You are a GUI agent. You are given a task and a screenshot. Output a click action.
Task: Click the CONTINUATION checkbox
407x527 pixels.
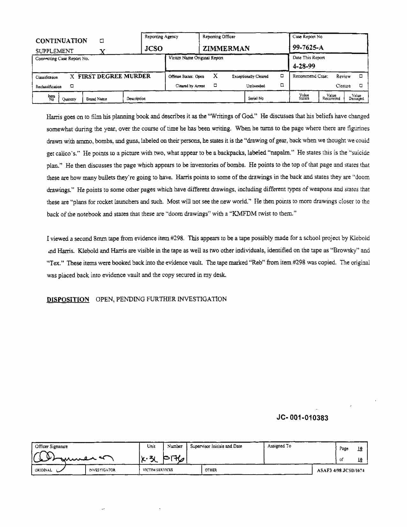click(102, 41)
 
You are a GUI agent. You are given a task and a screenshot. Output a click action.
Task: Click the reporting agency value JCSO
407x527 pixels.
click(154, 49)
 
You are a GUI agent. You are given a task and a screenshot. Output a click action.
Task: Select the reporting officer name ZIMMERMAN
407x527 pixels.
click(226, 49)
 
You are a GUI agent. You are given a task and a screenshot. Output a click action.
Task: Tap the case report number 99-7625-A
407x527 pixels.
click(308, 48)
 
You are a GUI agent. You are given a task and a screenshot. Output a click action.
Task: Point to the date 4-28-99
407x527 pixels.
click(304, 66)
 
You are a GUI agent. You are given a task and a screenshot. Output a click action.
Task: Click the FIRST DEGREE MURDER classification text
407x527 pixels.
click(114, 76)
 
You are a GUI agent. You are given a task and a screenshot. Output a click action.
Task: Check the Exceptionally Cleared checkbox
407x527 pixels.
click(282, 76)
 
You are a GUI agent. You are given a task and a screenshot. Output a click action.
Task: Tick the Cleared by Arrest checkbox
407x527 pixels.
click(215, 85)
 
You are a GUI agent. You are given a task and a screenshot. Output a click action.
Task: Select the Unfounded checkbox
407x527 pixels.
click(282, 85)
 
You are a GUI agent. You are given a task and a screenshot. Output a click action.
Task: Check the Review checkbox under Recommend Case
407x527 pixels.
click(361, 76)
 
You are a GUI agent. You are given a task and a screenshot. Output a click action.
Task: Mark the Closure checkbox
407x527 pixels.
click(361, 86)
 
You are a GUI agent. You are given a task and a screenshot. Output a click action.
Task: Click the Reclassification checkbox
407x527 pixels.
click(72, 86)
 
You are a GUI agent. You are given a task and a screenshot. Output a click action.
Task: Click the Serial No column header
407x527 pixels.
click(256, 98)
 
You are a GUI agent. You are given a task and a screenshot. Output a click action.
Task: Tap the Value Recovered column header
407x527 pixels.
click(331, 97)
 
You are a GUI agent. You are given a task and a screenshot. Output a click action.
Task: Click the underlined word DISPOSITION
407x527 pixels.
click(68, 300)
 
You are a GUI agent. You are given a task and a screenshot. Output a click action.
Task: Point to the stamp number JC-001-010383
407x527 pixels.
click(302, 418)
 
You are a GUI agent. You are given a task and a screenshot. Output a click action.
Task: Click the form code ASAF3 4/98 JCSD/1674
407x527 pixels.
click(341, 470)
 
